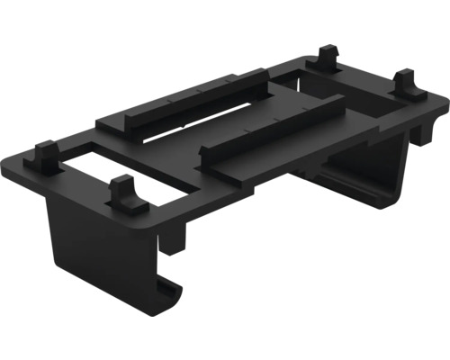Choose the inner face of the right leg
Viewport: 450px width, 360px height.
pos(360,184)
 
